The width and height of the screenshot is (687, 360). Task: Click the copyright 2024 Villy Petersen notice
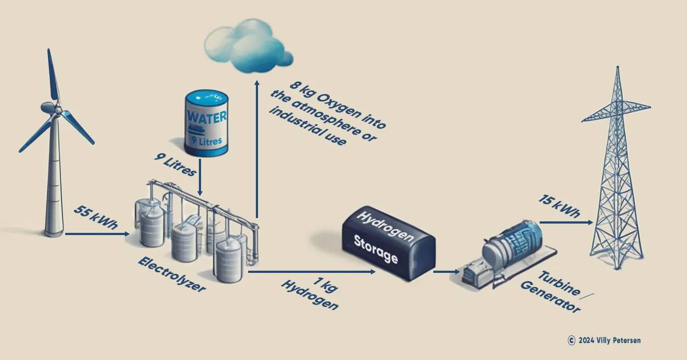(x=604, y=340)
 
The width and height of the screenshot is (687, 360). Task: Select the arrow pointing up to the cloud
(x=256, y=148)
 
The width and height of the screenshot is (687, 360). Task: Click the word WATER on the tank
(x=206, y=117)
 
